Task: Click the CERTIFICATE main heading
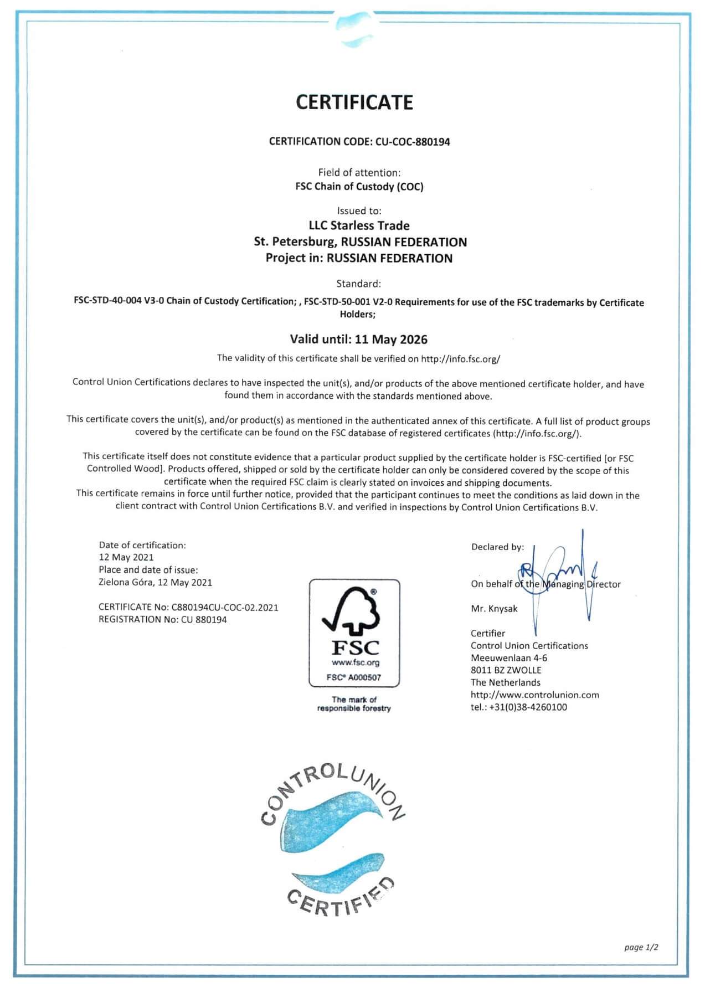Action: point(354,102)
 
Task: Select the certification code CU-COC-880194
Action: point(413,142)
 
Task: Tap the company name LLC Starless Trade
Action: point(359,225)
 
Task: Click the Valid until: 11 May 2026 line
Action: point(359,340)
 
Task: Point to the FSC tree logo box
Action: point(354,633)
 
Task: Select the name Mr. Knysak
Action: point(494,609)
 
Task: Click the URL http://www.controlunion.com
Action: point(534,695)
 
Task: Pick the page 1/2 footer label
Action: point(641,947)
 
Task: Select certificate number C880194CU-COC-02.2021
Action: point(225,608)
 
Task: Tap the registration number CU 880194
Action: point(204,620)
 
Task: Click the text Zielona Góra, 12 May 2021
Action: point(155,583)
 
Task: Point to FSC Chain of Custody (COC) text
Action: point(359,187)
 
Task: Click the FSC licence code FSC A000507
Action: point(354,677)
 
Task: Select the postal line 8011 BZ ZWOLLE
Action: point(506,670)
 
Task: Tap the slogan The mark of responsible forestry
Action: point(354,704)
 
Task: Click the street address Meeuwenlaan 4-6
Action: point(509,658)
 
